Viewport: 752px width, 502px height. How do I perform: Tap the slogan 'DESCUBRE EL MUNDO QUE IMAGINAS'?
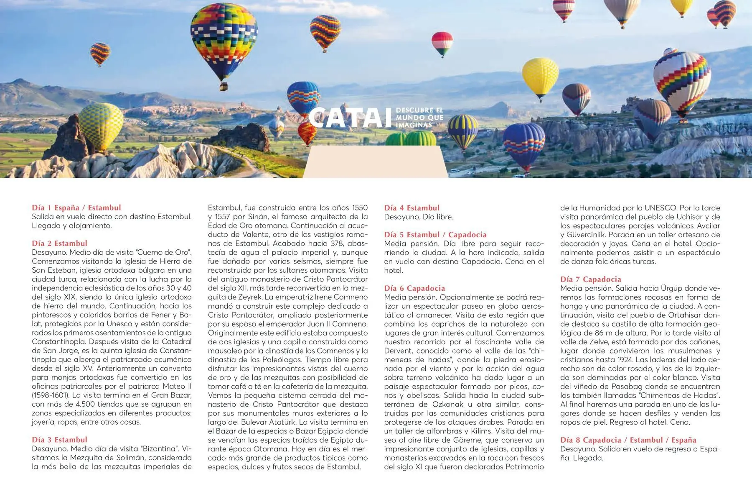pos(419,118)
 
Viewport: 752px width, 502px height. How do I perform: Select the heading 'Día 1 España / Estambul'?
pos(76,207)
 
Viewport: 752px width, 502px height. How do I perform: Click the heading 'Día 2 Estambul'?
pos(60,243)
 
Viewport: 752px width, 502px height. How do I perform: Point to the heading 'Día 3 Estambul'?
pos(60,440)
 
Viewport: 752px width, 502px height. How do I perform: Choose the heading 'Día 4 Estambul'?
pos(412,207)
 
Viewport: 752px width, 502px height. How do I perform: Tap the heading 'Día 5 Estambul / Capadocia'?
pos(435,234)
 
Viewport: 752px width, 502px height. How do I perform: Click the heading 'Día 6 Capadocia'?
pos(414,288)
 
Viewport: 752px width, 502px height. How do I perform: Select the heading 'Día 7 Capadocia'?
pos(591,279)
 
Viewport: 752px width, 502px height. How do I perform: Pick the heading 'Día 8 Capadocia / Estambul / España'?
pos(628,440)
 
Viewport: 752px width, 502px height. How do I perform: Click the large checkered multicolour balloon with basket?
pos(224,42)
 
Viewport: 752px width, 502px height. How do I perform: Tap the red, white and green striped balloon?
pos(442,43)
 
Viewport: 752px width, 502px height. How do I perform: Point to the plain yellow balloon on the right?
pos(540,77)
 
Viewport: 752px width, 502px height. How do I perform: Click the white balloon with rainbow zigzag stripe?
pos(681,82)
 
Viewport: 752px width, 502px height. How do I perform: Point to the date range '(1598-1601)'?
pos(50,395)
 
